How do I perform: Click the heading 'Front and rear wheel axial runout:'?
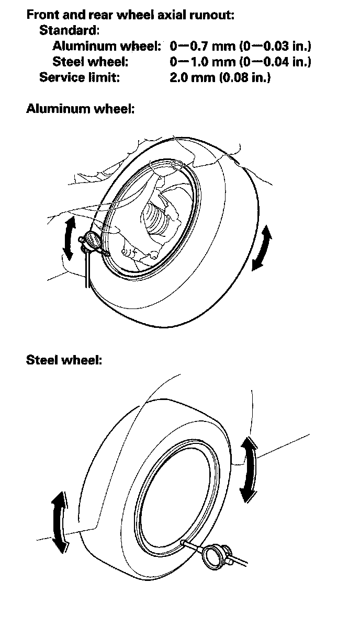coord(130,15)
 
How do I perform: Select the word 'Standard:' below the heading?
coord(69,30)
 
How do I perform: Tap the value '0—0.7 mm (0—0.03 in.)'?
coord(241,47)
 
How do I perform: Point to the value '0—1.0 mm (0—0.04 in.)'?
coord(241,62)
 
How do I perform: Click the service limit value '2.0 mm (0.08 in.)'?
coord(220,78)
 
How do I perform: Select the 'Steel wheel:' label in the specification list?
coord(90,62)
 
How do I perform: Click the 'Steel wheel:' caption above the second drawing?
coord(64,360)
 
